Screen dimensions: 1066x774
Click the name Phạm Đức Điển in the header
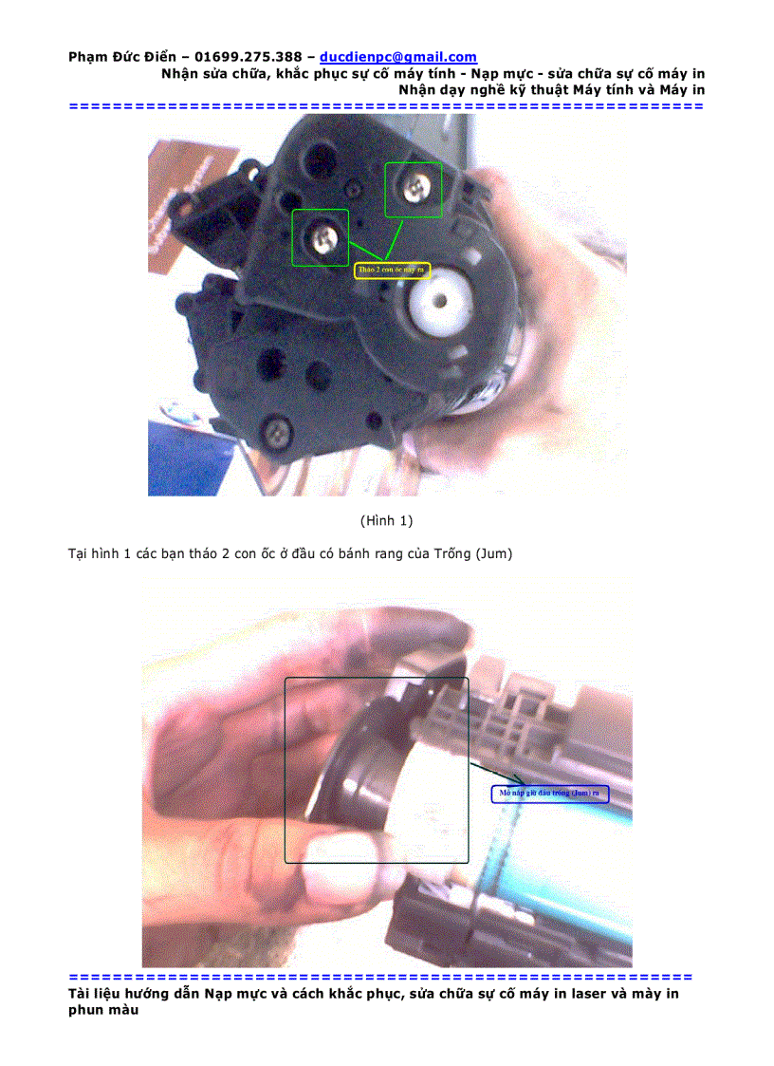point(121,58)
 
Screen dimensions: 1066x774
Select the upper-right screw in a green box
point(414,189)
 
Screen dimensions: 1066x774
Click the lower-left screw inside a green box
point(320,236)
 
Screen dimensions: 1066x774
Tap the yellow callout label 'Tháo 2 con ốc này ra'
point(393,271)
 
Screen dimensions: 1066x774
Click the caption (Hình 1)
point(386,520)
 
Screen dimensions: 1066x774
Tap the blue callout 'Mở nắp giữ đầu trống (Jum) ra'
point(550,793)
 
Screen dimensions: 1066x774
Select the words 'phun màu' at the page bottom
point(103,1011)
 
